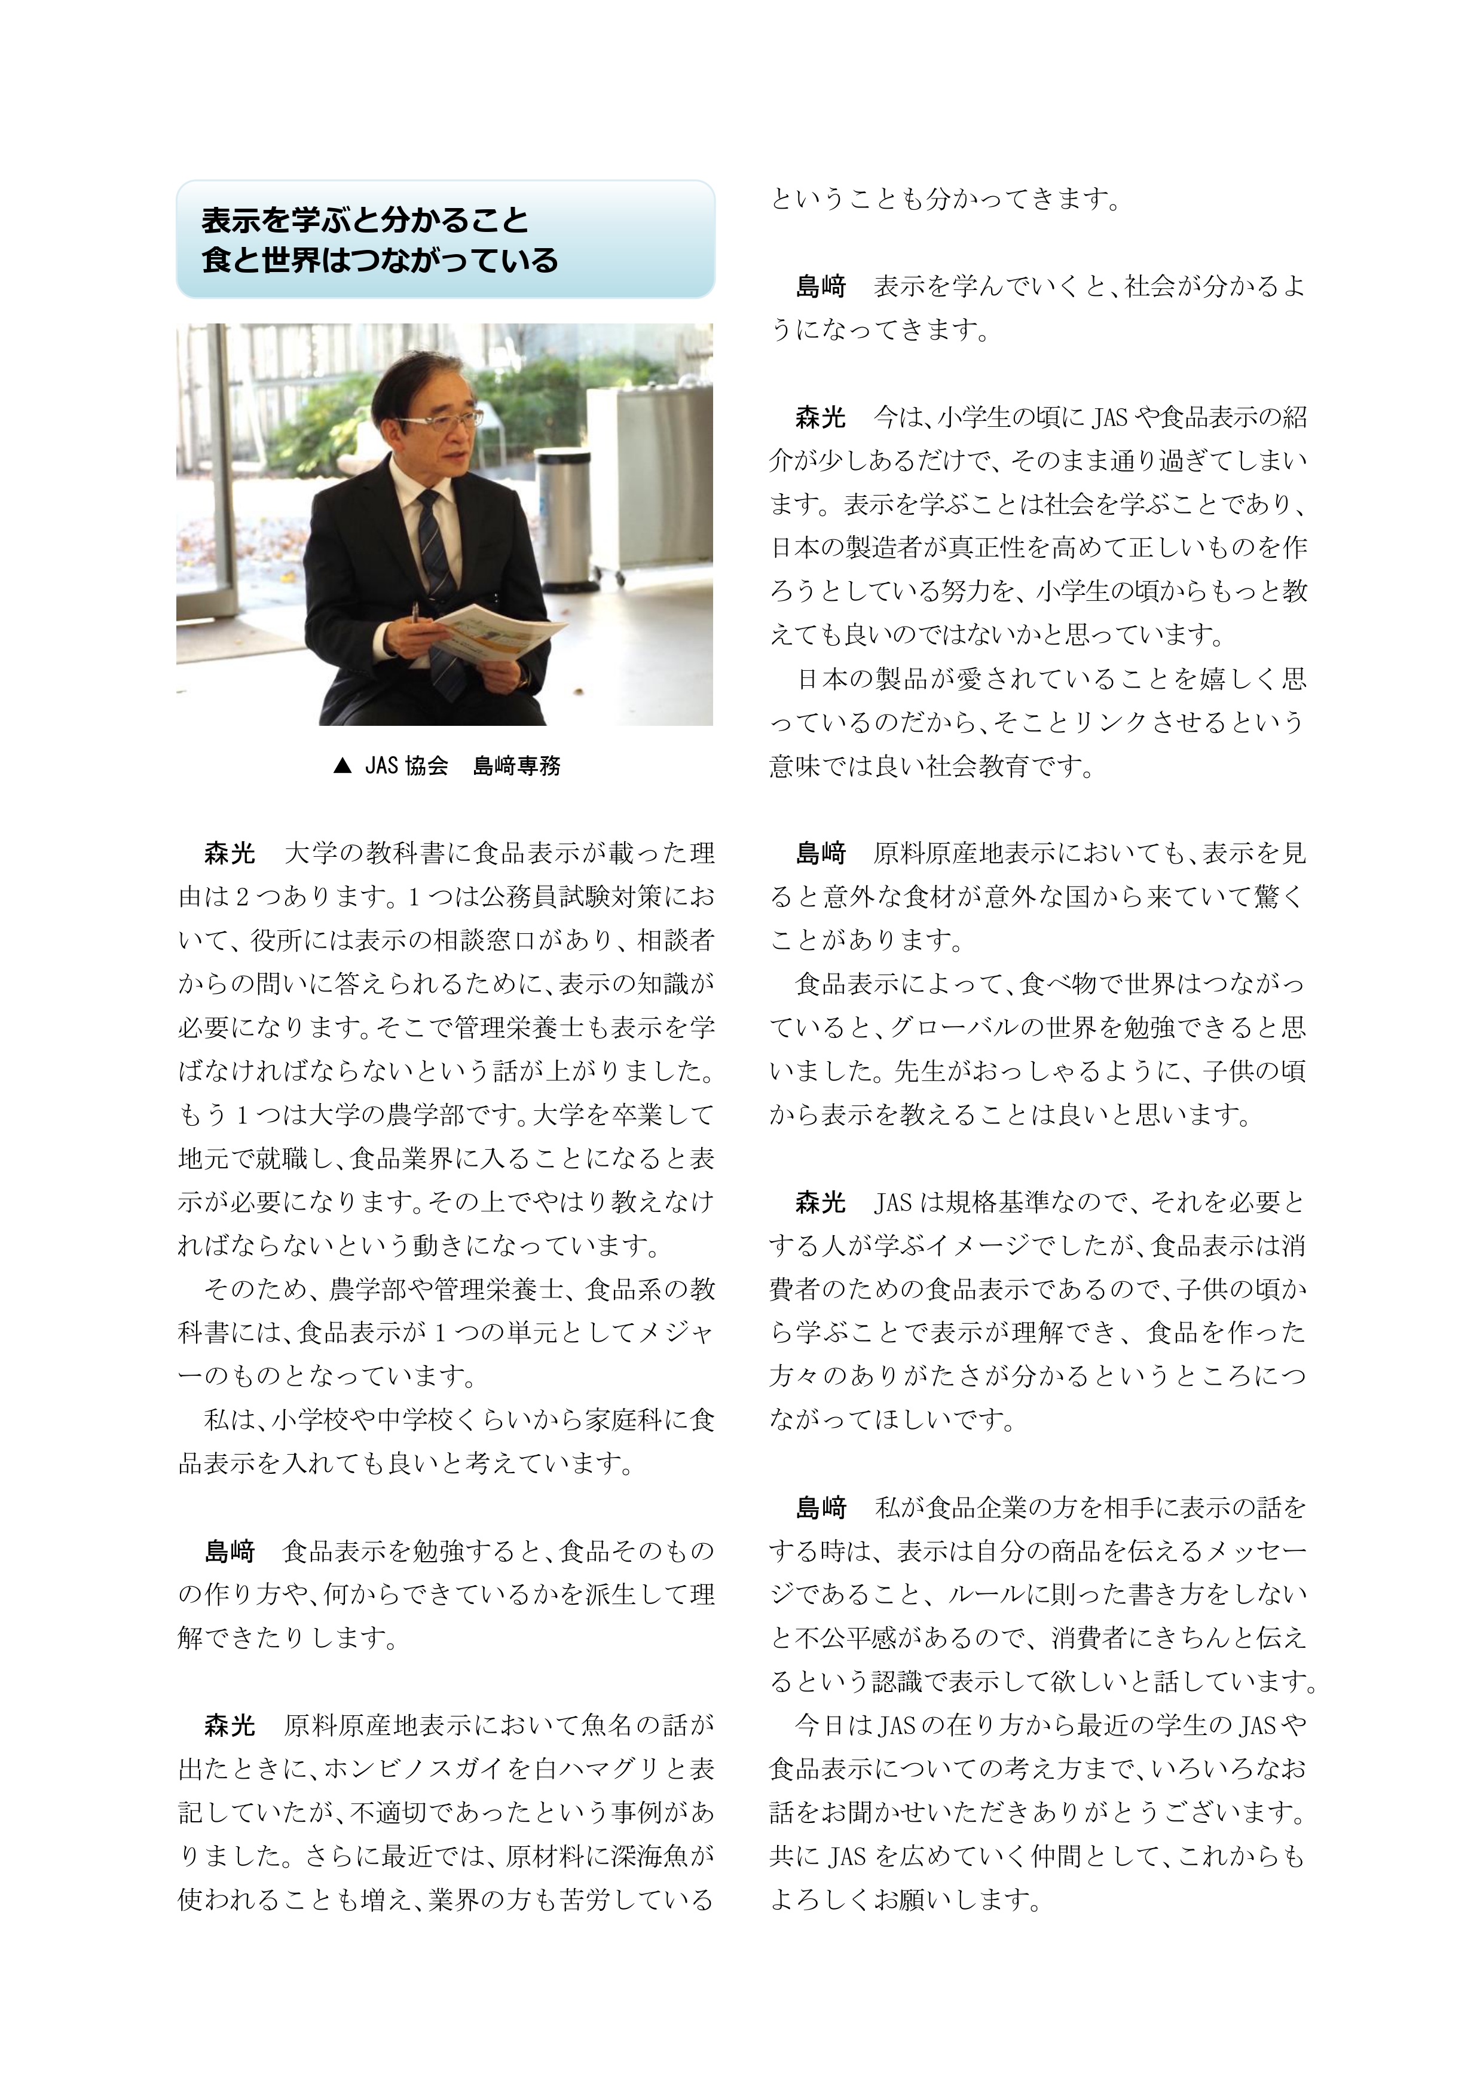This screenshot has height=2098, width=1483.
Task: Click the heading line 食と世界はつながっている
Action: tap(379, 261)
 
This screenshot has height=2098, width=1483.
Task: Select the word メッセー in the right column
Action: tap(1256, 1551)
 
